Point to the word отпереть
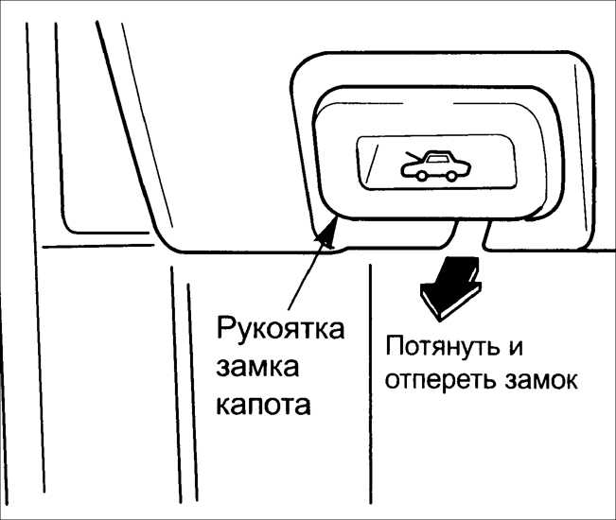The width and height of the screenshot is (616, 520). (442, 380)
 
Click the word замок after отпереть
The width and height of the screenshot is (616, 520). (541, 380)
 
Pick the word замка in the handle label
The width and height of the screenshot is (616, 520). (257, 368)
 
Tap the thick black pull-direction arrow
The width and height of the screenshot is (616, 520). (451, 287)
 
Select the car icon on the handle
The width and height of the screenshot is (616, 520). (435, 166)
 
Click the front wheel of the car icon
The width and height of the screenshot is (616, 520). (421, 176)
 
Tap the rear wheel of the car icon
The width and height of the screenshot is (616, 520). (451, 176)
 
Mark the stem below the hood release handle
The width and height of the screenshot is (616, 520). (470, 235)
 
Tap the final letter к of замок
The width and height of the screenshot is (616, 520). (570, 380)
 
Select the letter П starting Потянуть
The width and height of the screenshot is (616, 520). (395, 346)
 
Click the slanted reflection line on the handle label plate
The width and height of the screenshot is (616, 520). (371, 163)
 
